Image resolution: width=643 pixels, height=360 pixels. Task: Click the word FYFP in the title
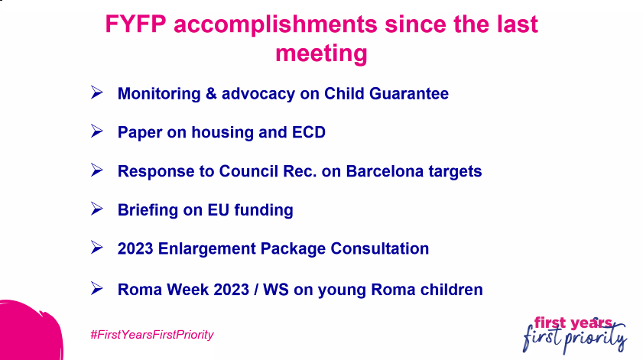(135, 24)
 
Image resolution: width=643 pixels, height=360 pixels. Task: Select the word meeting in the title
(321, 54)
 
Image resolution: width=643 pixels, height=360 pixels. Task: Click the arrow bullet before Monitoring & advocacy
(96, 93)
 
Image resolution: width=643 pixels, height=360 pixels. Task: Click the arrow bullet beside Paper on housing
(96, 131)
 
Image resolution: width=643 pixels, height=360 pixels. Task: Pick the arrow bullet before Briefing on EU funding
(96, 209)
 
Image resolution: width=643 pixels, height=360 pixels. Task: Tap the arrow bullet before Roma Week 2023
(96, 288)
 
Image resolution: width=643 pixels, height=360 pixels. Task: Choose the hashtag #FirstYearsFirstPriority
(151, 335)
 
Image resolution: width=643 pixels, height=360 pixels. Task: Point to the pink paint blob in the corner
(23, 332)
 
